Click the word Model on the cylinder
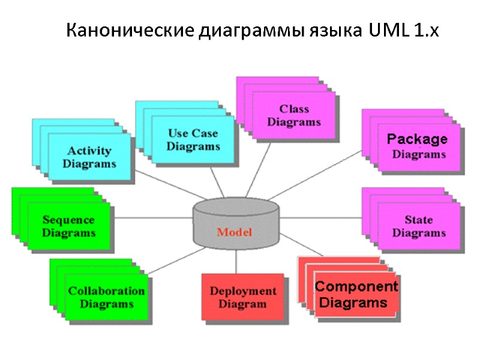(235, 232)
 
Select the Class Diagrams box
(294, 115)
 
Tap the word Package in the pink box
(417, 139)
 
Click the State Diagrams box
(419, 226)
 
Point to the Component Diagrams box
(356, 294)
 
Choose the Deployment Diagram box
(242, 297)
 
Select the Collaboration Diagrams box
(106, 297)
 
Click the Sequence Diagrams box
(68, 226)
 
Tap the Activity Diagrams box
(89, 157)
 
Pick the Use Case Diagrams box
(193, 139)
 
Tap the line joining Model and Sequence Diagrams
(153, 217)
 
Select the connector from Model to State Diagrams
(321, 217)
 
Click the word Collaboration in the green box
(106, 291)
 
